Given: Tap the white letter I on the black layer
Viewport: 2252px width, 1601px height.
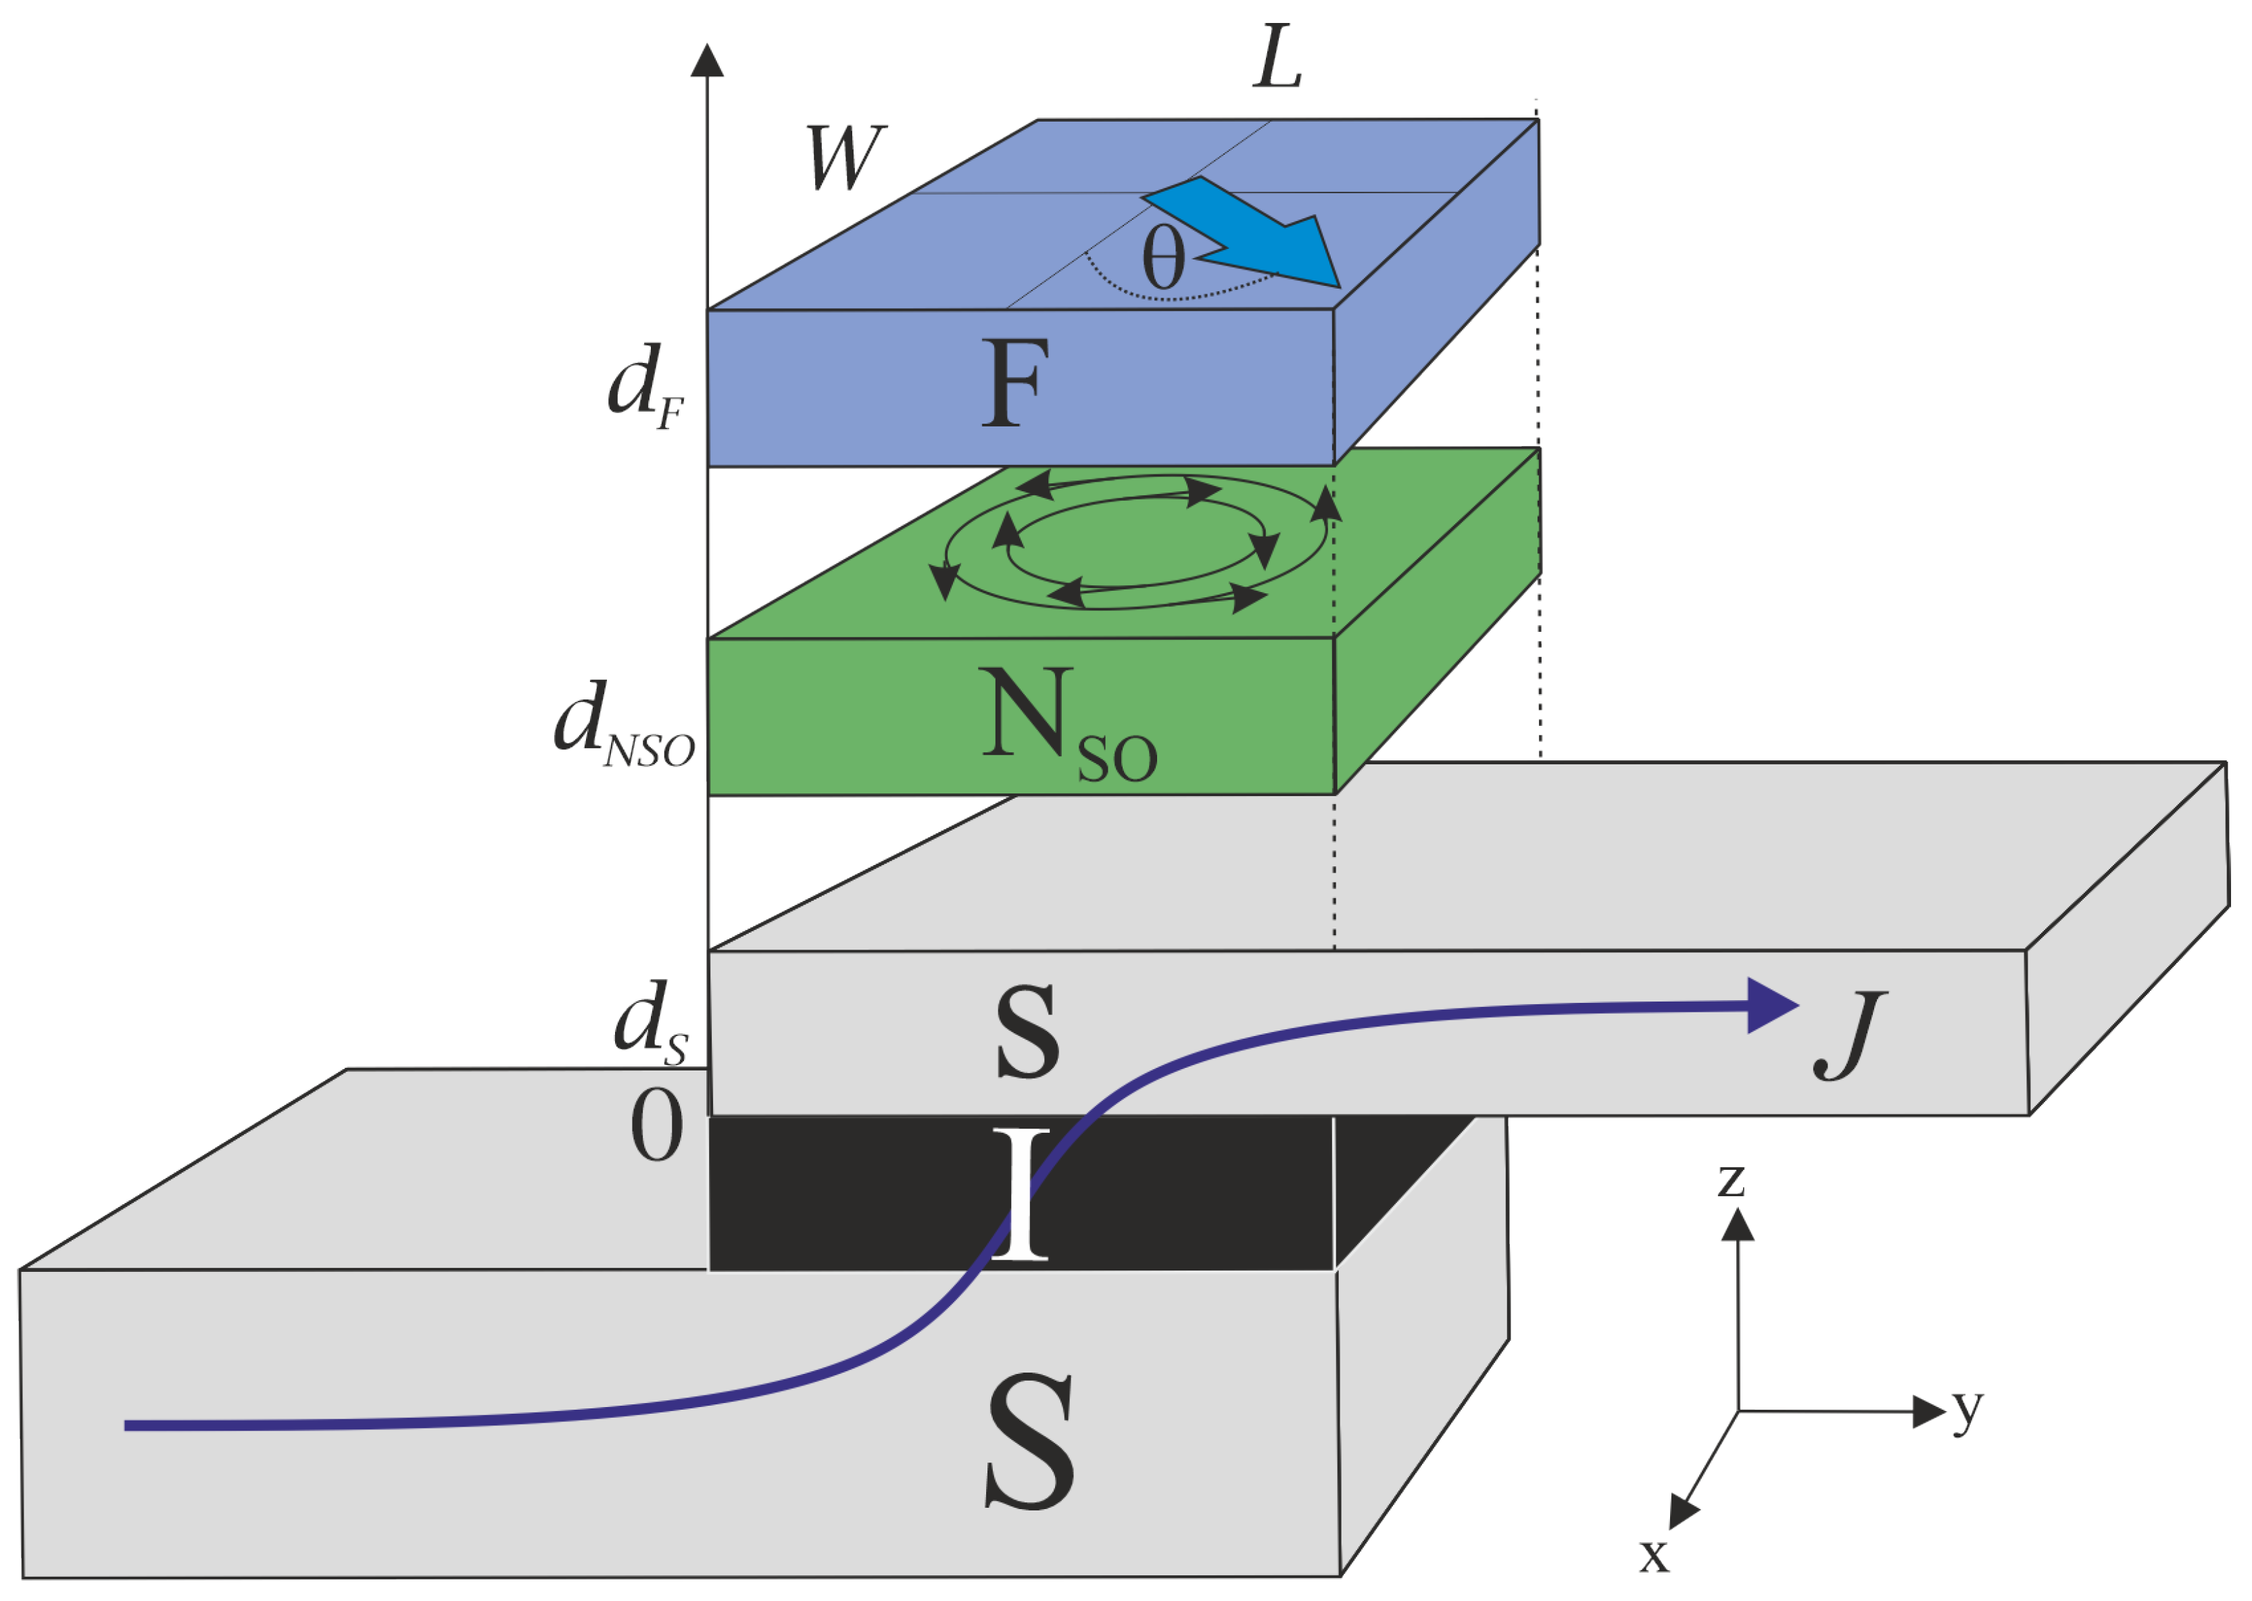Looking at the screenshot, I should (1021, 1196).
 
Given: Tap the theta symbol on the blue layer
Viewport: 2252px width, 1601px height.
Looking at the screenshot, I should (1162, 257).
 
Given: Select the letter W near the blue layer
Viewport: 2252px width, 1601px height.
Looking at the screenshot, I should (846, 157).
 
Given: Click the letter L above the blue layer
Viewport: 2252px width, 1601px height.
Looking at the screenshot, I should (1278, 59).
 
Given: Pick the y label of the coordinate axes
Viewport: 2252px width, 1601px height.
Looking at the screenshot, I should (1967, 1409).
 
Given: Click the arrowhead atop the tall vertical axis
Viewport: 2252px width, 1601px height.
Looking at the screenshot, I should (707, 60).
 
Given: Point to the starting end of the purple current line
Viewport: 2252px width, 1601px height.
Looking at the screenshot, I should (128, 1425).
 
